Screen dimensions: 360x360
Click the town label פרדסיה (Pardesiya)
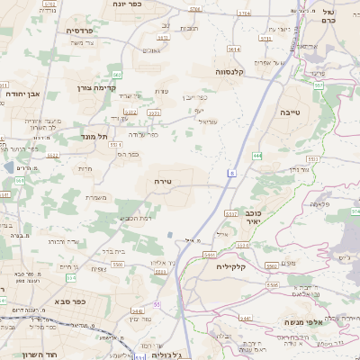[x=86, y=30]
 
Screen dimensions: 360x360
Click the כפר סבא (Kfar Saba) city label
[x=69, y=301]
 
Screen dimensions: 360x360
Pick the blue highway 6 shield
[x=231, y=172]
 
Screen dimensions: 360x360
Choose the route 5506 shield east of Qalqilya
[x=273, y=284]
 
